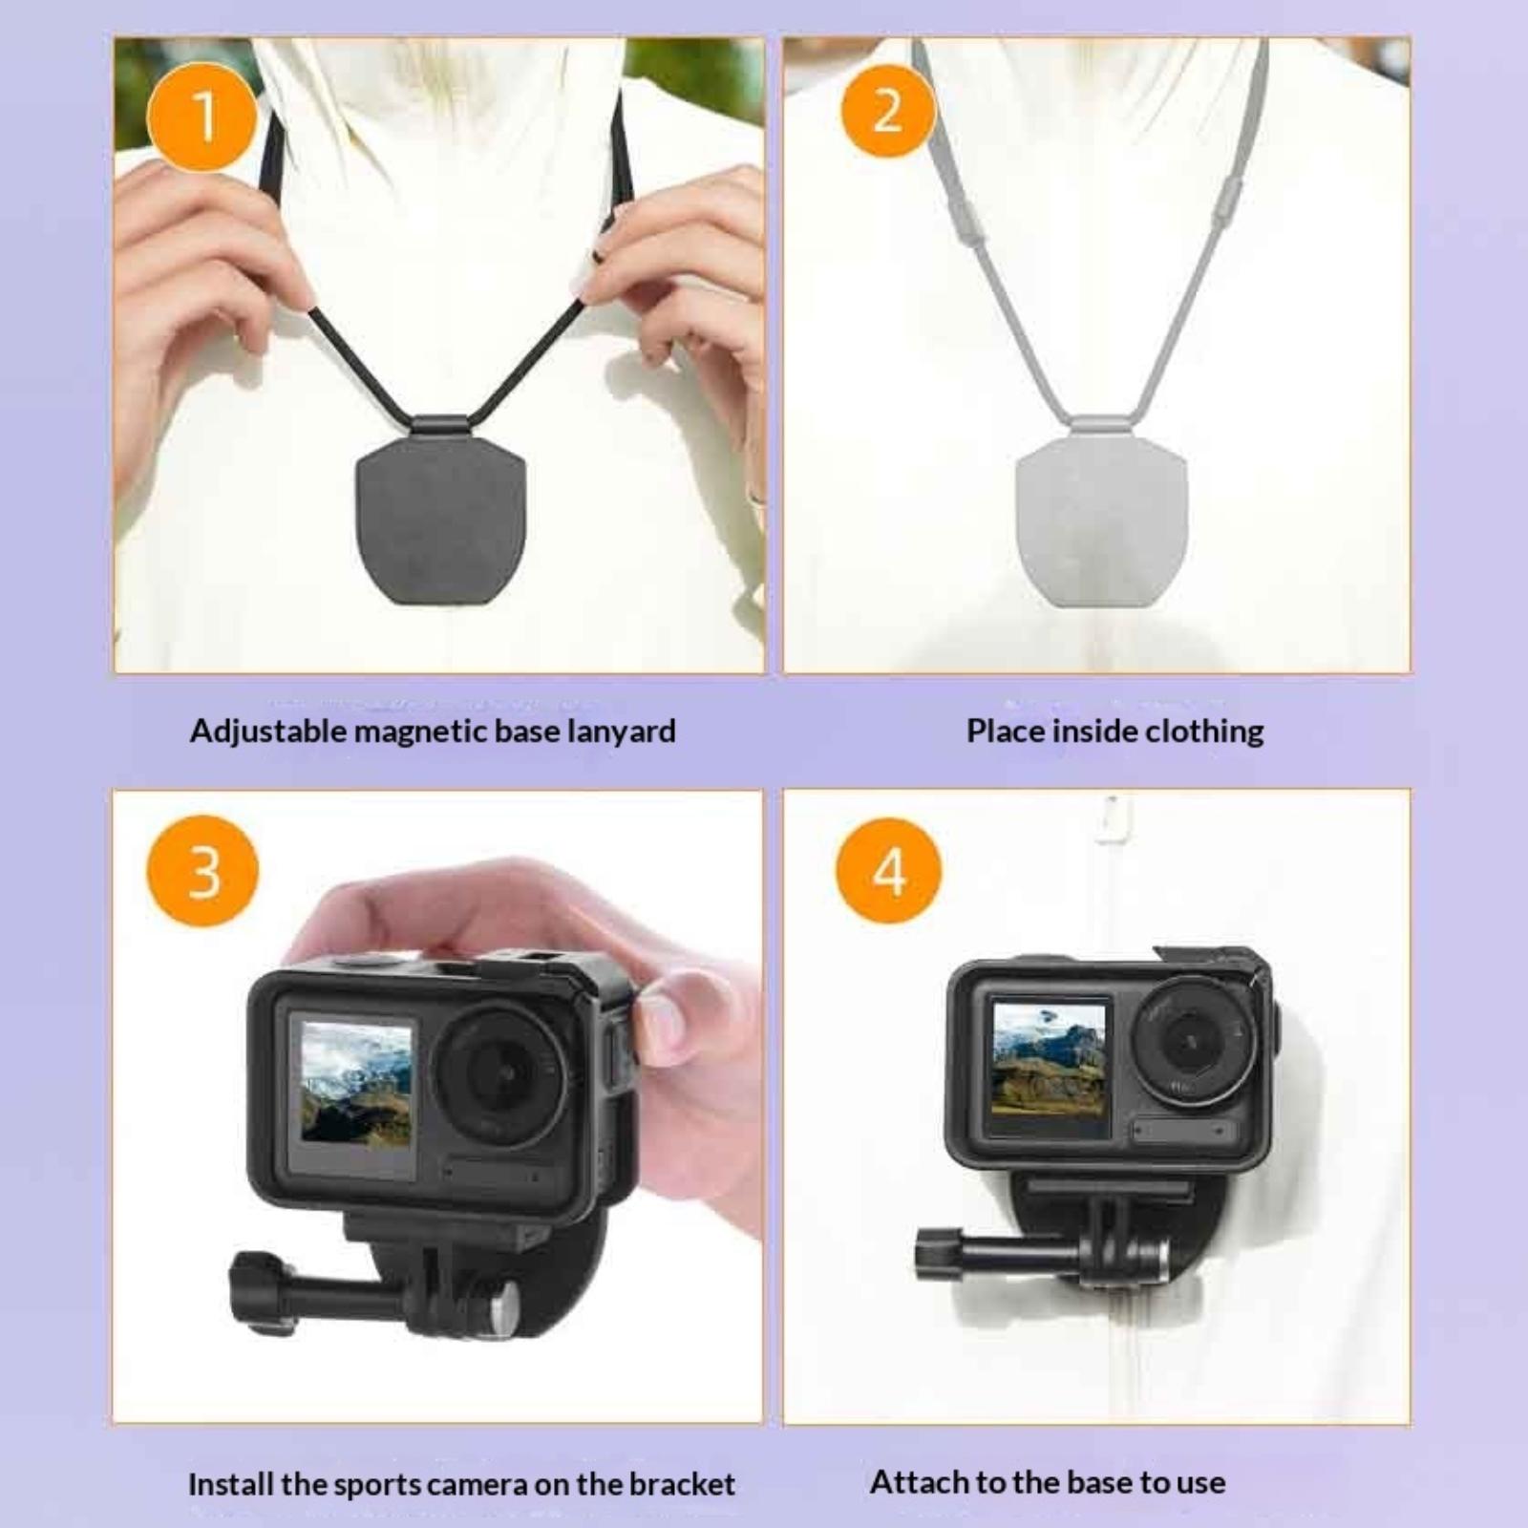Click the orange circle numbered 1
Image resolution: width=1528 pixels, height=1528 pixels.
(x=202, y=117)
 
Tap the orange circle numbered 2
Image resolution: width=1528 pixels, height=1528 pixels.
(x=887, y=111)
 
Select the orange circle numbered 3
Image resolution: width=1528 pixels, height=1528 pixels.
(x=202, y=871)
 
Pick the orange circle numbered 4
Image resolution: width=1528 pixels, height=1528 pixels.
(x=888, y=871)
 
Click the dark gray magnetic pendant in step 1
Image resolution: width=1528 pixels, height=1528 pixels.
(x=440, y=520)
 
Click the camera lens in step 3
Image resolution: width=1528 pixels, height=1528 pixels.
(x=499, y=1072)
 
